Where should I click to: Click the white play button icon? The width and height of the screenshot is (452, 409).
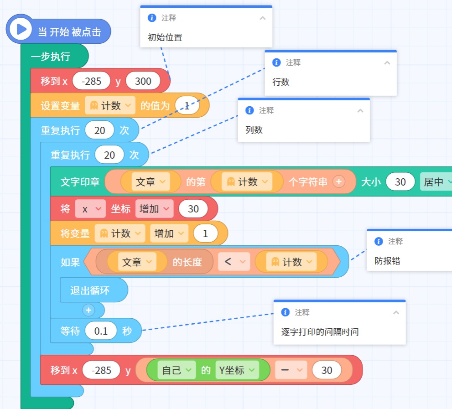[21, 29]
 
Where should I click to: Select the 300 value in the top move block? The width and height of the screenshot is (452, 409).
[143, 81]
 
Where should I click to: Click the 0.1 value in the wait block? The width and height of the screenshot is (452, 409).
[101, 331]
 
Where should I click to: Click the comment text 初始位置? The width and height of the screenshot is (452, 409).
[165, 37]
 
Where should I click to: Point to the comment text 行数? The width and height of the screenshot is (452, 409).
[281, 82]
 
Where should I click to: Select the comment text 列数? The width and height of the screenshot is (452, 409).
[254, 130]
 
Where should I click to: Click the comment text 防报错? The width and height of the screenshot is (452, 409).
[387, 261]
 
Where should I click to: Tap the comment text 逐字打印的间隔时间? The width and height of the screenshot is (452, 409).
[320, 332]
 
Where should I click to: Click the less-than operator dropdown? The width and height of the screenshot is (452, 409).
[234, 262]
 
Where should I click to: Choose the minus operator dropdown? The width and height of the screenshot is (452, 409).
[291, 370]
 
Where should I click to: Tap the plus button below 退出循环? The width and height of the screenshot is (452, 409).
[88, 310]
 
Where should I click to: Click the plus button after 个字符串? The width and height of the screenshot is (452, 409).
[339, 181]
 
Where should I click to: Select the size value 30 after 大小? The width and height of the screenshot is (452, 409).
[400, 181]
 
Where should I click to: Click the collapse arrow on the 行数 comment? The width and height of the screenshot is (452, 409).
[387, 62]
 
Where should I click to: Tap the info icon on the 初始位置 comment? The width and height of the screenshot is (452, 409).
[151, 18]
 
